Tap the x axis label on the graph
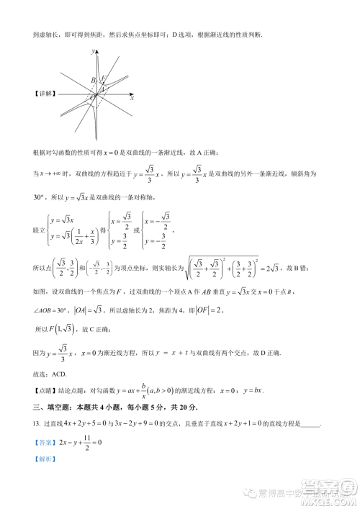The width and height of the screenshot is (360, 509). coord(132,98)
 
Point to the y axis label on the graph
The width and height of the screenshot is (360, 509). coord(94,52)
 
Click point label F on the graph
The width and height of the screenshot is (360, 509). coord(104,78)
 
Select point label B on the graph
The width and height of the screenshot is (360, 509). coord(94,80)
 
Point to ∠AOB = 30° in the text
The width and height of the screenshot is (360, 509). coord(53,310)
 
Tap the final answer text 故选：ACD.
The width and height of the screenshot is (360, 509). coord(50,372)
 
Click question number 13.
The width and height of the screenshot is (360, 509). coord(37,424)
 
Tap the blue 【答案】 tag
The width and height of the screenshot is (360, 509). coord(44,441)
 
